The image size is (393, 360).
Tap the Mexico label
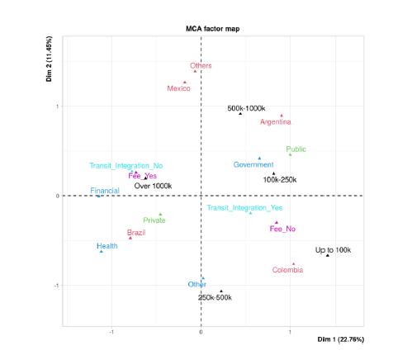click(178, 88)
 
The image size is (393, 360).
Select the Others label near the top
click(201, 65)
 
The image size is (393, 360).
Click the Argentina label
click(276, 122)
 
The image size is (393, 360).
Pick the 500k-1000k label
click(246, 107)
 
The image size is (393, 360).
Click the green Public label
click(296, 149)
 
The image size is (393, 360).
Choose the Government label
click(253, 164)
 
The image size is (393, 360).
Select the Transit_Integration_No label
click(126, 166)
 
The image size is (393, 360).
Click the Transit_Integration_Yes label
click(244, 208)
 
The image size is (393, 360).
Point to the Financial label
click(105, 190)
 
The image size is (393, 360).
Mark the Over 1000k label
click(153, 186)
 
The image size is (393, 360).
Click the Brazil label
click(136, 233)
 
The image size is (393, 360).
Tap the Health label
click(107, 245)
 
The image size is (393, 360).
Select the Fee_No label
click(282, 229)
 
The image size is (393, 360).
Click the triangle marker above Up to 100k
click(327, 255)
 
